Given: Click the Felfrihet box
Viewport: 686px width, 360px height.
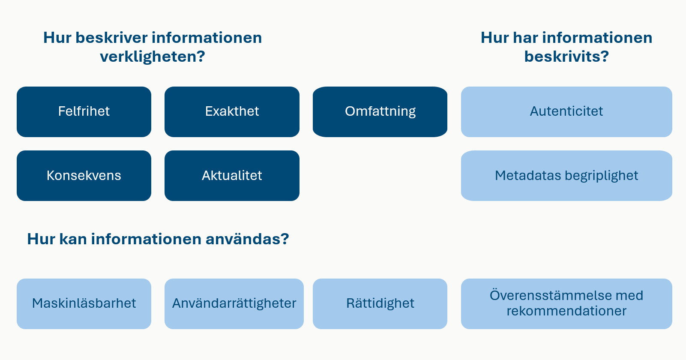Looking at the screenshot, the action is click(x=84, y=112).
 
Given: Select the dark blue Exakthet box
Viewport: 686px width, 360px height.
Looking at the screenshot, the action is click(x=232, y=112).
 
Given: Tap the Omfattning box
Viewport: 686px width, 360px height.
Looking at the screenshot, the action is click(x=380, y=112).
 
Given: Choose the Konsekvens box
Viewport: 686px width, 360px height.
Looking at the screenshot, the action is click(x=84, y=176).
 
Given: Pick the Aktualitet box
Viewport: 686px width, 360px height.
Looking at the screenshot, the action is click(x=232, y=176).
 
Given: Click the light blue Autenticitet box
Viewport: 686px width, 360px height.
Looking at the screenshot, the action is click(x=566, y=112).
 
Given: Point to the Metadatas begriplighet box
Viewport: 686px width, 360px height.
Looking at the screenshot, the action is click(x=566, y=176).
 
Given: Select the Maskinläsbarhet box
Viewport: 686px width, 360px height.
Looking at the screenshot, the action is click(x=84, y=303).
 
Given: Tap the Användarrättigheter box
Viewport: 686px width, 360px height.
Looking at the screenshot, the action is click(x=234, y=303).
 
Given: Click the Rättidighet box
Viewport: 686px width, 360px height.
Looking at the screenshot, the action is click(x=380, y=303).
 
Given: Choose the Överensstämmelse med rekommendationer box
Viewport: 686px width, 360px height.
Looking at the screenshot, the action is click(x=566, y=303).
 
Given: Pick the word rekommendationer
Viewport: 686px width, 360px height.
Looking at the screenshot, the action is click(x=566, y=311).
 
